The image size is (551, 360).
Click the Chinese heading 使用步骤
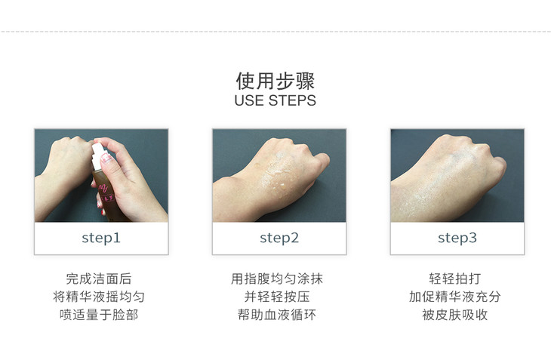point(275,81)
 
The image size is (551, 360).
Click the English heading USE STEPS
point(275,100)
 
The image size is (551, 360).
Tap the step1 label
point(101,238)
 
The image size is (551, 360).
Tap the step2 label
point(279,238)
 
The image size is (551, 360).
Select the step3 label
point(457,238)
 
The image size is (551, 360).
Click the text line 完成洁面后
point(99,279)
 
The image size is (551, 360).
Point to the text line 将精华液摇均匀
point(99,297)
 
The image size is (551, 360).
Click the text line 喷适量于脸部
point(99,315)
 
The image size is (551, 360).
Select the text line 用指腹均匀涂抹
point(277,279)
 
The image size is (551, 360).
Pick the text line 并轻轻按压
point(277,297)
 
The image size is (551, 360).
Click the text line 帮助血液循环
point(277,315)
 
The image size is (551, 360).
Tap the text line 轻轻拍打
point(454,279)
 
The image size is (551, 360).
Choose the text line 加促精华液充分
point(454,297)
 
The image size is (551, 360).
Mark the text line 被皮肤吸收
point(454,315)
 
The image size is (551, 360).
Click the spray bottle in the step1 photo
point(103,183)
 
